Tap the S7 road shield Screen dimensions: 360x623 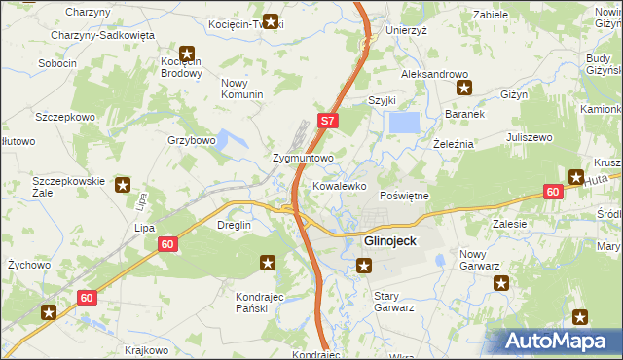pos(328,122)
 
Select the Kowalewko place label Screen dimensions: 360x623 pos(339,185)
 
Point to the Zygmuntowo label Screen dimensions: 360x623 pos(303,157)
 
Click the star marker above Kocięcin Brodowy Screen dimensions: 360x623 pos(186,54)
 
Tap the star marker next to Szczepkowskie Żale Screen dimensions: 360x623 pos(124,184)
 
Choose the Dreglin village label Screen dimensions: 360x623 pos(234,225)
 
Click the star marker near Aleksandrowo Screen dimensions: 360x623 pos(464,90)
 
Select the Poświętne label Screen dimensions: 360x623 pos(403,196)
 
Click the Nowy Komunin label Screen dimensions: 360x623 pos(242,89)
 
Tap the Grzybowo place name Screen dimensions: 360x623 pos(191,140)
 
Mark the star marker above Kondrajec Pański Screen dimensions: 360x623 pos(268,262)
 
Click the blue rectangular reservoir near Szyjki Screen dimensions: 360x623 pos(404,123)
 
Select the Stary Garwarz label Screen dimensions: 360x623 pos(394,301)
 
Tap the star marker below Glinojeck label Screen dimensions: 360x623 pos(364,265)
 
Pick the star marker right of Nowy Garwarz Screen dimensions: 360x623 pos(501,283)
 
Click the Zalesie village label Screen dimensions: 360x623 pos(510,223)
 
